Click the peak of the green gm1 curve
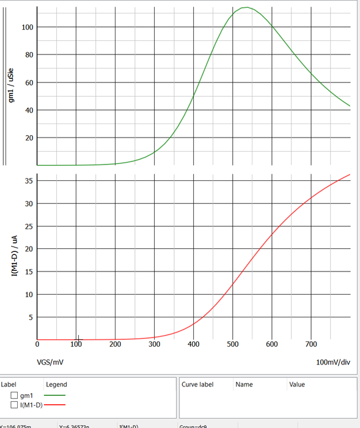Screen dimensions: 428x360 point(246,7)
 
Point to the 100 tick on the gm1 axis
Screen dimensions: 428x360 point(27,28)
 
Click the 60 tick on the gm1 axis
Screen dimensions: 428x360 point(29,83)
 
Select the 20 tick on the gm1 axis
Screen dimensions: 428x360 point(29,138)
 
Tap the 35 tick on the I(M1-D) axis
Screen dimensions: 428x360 point(29,181)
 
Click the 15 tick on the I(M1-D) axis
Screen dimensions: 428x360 point(29,272)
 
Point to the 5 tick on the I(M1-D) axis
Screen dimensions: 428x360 point(31,317)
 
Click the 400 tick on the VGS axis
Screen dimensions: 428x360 point(193,344)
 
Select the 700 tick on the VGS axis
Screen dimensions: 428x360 point(311,344)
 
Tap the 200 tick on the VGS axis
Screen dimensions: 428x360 point(115,344)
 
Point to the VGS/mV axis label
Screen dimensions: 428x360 point(50,362)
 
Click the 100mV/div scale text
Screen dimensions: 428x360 point(333,362)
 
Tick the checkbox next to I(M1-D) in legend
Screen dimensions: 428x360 point(14,405)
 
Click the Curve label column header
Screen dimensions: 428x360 point(197,385)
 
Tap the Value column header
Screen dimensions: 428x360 point(296,385)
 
